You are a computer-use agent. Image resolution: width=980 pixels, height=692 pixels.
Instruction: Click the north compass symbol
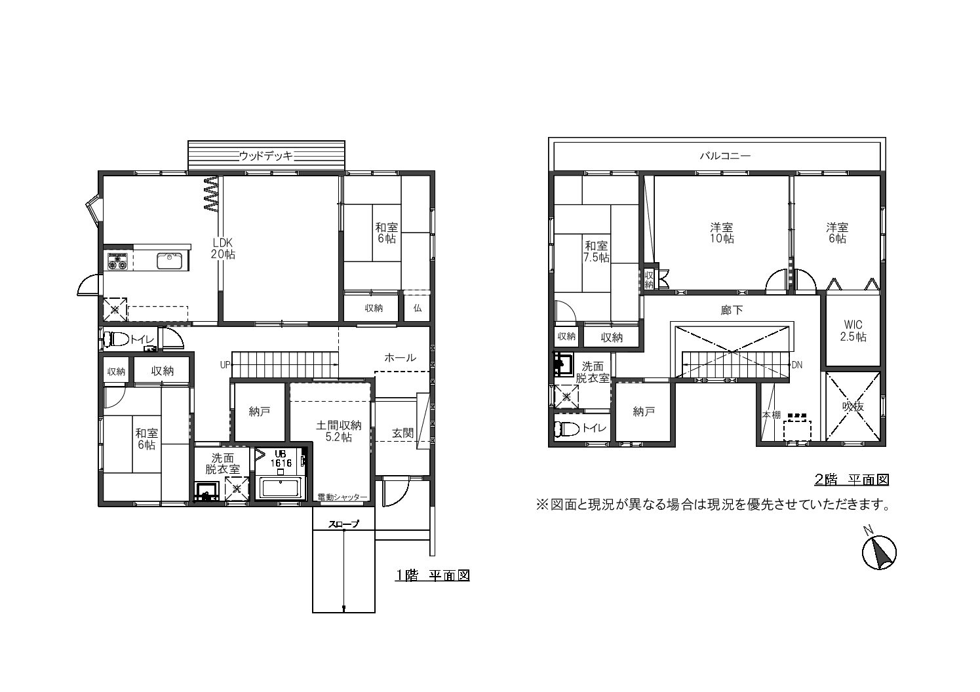(879, 552)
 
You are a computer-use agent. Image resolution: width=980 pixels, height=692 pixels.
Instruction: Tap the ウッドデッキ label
(266, 156)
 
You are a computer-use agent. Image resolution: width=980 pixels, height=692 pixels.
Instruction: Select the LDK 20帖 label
(223, 248)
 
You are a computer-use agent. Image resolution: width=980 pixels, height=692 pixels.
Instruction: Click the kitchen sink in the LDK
(170, 261)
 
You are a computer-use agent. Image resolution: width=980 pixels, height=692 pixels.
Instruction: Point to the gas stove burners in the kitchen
(118, 261)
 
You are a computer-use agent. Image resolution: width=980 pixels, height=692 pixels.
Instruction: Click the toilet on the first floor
(117, 339)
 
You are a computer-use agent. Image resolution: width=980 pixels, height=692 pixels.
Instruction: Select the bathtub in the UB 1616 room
(282, 488)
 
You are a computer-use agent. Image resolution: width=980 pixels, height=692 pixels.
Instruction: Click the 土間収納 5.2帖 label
(339, 431)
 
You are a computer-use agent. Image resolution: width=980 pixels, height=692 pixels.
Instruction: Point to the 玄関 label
(402, 433)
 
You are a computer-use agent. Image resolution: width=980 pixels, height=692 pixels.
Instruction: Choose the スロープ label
(344, 524)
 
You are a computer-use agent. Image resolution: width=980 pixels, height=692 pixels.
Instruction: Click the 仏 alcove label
(418, 308)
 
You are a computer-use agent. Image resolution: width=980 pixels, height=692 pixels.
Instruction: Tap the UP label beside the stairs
(225, 364)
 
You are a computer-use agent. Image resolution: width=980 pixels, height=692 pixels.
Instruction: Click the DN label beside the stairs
(796, 364)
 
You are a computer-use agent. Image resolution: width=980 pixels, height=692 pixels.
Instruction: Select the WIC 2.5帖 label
(853, 331)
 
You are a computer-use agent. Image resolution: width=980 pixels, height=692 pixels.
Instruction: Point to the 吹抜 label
(853, 406)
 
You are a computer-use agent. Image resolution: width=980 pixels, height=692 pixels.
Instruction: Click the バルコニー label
(725, 156)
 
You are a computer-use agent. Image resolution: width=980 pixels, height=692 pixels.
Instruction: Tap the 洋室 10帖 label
(722, 233)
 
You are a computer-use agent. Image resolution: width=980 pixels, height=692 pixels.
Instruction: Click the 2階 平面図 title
(852, 480)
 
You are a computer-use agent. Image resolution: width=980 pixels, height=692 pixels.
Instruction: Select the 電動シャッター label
(343, 497)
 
